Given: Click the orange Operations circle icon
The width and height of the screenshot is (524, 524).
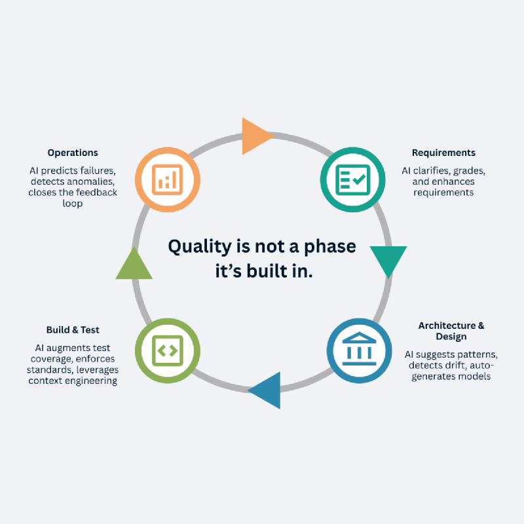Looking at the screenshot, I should pyautogui.click(x=168, y=179).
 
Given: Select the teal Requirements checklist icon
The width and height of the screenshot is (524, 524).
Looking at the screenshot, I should pyautogui.click(x=352, y=179).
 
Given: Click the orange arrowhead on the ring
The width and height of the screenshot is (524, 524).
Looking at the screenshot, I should pyautogui.click(x=255, y=136).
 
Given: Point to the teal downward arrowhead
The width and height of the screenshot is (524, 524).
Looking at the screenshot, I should pyautogui.click(x=388, y=260).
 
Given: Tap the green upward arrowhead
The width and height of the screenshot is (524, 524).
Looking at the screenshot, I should pyautogui.click(x=134, y=265).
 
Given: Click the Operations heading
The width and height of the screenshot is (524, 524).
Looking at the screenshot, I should pyautogui.click(x=73, y=153).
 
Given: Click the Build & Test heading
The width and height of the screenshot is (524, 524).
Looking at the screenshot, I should pyautogui.click(x=73, y=329).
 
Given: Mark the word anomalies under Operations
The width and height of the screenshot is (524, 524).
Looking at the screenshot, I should pyautogui.click(x=91, y=181).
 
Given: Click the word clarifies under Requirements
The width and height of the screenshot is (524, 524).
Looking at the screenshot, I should pyautogui.click(x=436, y=171).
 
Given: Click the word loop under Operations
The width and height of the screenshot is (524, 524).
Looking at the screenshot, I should pyautogui.click(x=73, y=204).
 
